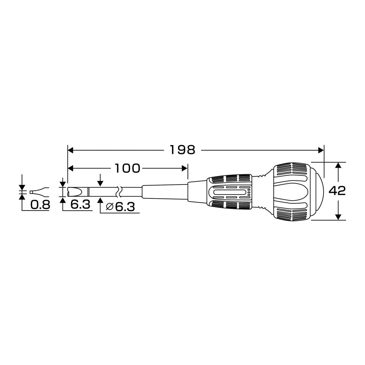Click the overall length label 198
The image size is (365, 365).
click(x=182, y=150)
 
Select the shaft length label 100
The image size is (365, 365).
click(x=128, y=168)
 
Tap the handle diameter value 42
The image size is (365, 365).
click(x=337, y=191)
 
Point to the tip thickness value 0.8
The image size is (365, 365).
click(x=40, y=205)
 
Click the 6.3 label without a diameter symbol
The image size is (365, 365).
click(x=80, y=204)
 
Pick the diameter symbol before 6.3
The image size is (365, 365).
click(x=109, y=206)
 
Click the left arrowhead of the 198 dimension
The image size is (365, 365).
click(x=70, y=150)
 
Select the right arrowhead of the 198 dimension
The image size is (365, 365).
click(x=321, y=150)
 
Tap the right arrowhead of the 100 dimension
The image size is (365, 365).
click(x=185, y=168)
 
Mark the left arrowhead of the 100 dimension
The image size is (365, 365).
click(x=70, y=168)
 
